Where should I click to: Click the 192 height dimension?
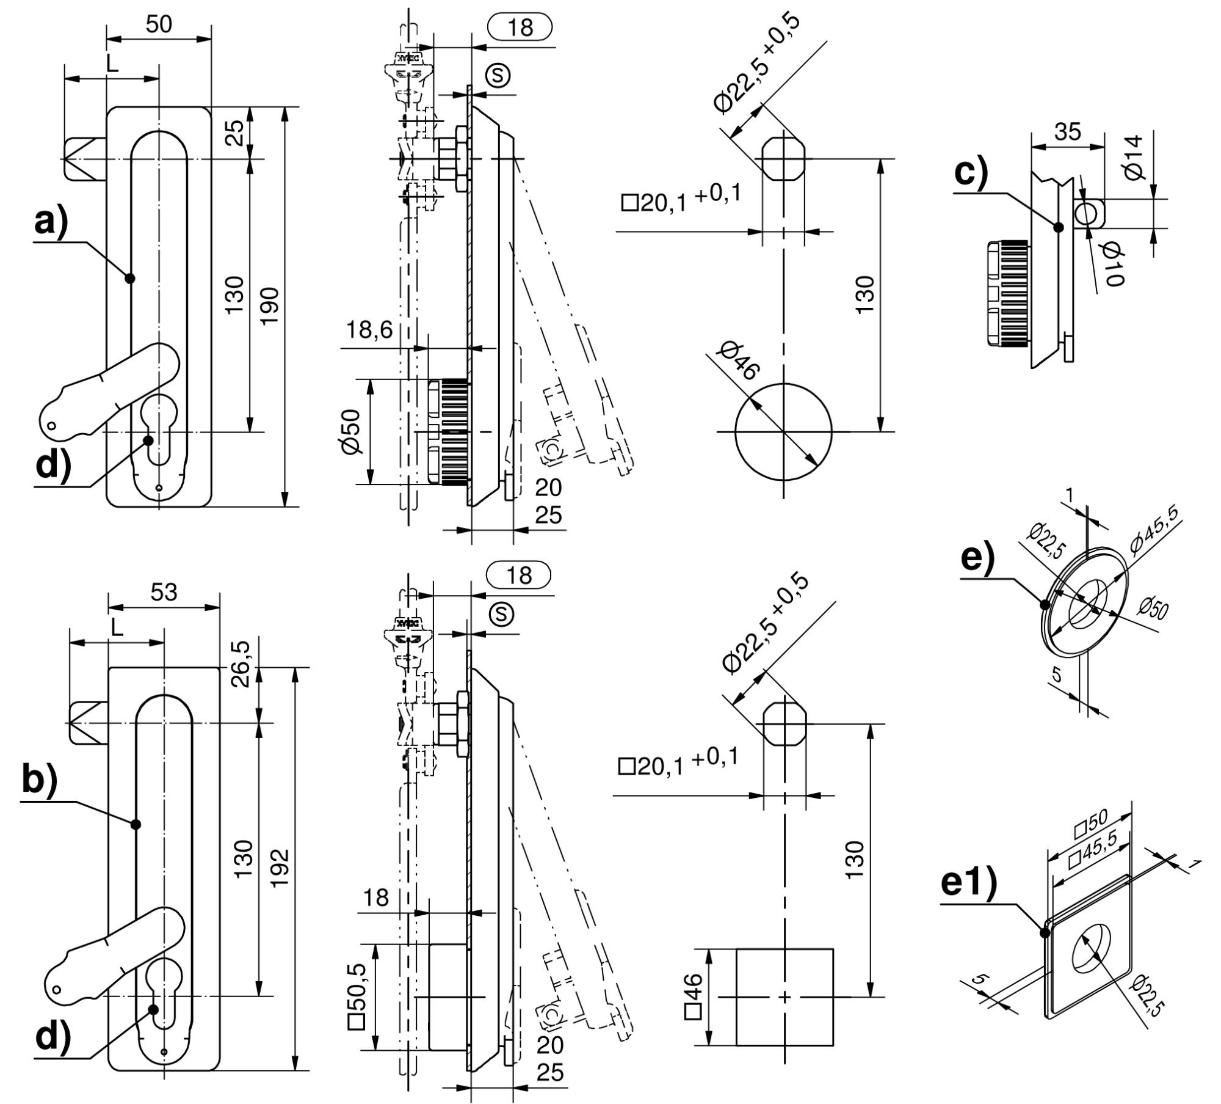[x=279, y=868]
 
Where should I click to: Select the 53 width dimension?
[x=164, y=591]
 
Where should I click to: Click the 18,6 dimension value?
[x=369, y=331]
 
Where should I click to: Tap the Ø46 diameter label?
[x=739, y=361]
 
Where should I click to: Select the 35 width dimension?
[x=1067, y=131]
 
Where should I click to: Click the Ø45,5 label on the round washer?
[x=1156, y=529]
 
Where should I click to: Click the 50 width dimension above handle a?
[x=159, y=24]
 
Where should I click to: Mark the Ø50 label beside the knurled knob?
[x=352, y=431]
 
